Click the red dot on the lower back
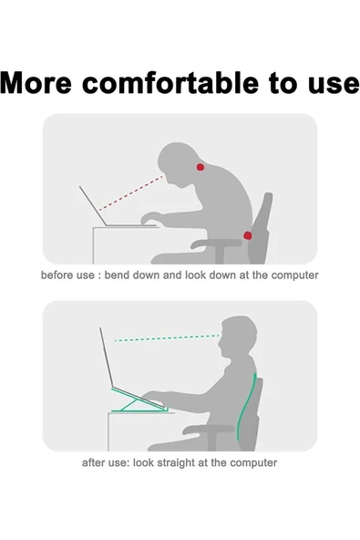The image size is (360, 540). [x=248, y=235]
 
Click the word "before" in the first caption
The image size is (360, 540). [x=57, y=275]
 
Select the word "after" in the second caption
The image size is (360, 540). [x=96, y=462]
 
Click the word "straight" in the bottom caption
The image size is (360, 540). [x=187, y=462]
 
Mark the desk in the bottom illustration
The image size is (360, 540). [x=137, y=429]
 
